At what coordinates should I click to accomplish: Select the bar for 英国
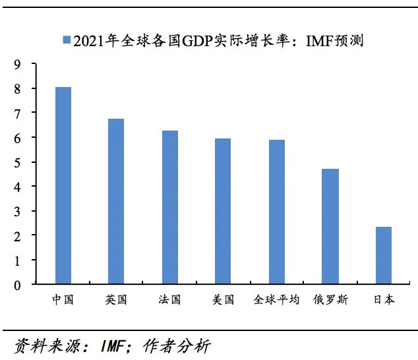115,202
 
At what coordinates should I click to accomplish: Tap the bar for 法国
170,208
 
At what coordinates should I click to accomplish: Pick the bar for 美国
223,212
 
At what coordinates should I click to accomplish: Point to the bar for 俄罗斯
330,227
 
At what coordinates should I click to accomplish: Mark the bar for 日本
384,256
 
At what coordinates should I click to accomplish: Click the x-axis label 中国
63,300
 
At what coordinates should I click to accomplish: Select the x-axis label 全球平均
276,300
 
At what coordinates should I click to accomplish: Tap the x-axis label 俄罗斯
330,300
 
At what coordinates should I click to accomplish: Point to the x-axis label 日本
384,300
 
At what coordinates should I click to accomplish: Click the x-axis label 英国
115,300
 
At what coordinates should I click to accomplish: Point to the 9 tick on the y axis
16,64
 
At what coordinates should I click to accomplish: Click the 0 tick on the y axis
16,285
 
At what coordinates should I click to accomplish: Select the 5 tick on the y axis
16,162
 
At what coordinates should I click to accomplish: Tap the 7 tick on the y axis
16,113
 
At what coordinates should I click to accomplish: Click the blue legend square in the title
66,41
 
